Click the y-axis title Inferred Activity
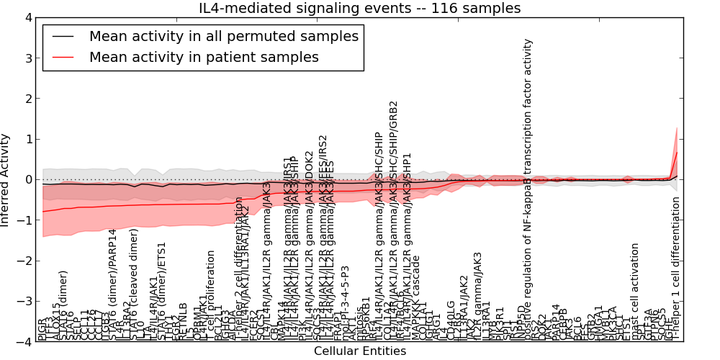click(6, 180)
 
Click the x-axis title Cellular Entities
click(360, 351)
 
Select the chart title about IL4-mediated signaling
click(360, 9)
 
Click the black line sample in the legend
click(63, 36)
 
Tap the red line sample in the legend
click(63, 57)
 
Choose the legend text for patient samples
click(204, 57)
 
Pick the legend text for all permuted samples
click(223, 36)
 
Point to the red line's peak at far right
click(677, 152)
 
